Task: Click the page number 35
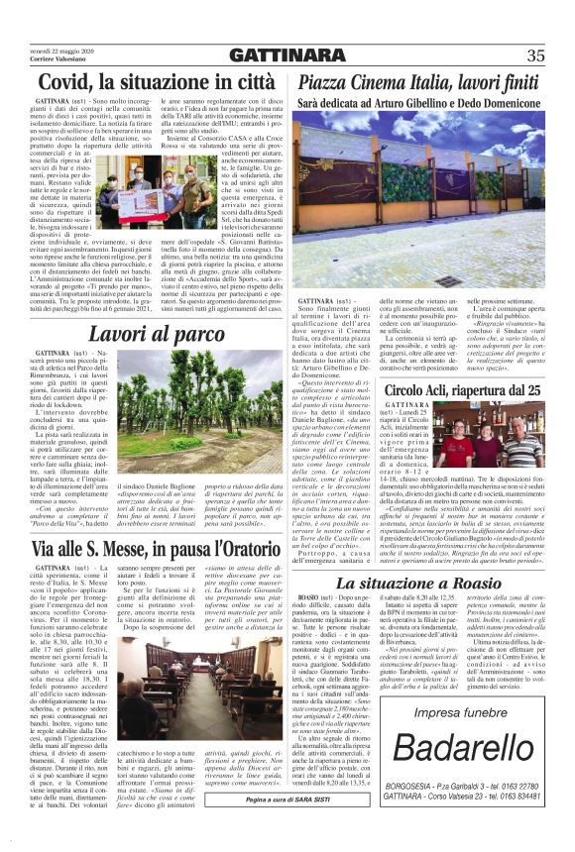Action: point(535,55)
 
